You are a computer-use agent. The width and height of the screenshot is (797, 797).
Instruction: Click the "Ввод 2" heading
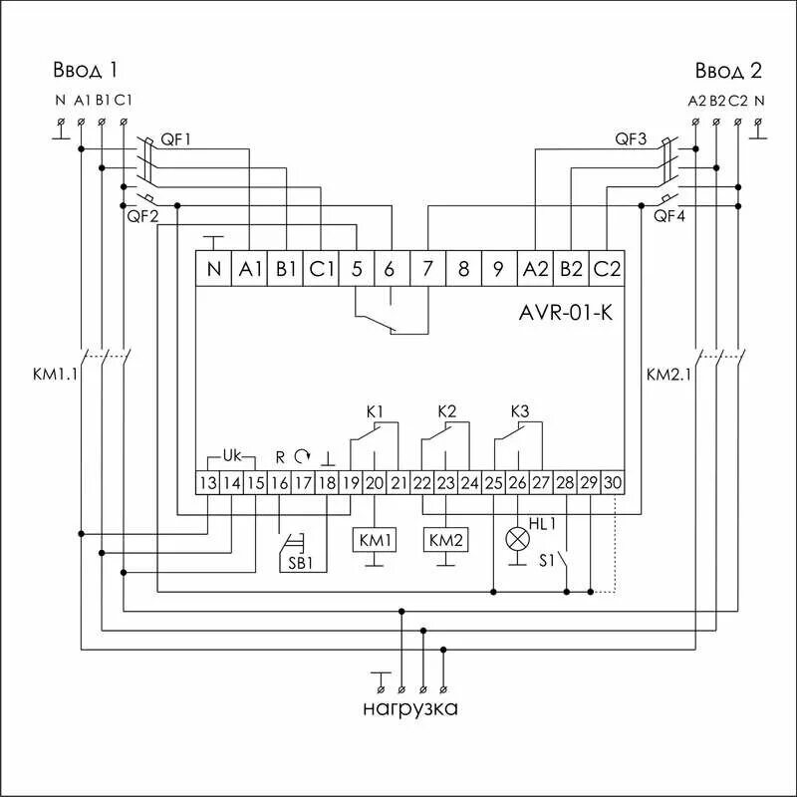click(x=728, y=70)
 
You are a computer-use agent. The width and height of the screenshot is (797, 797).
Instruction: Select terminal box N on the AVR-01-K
click(x=213, y=269)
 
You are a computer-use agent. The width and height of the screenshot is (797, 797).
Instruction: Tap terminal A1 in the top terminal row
click(x=249, y=269)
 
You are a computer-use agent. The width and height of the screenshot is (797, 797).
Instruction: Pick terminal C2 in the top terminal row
click(x=606, y=269)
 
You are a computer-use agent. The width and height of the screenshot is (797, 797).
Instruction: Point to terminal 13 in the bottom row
click(x=207, y=483)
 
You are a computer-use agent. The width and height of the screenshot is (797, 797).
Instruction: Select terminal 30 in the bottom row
click(x=613, y=483)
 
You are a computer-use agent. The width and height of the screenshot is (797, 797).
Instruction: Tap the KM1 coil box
click(x=374, y=540)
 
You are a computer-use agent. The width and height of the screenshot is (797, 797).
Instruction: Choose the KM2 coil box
click(x=446, y=540)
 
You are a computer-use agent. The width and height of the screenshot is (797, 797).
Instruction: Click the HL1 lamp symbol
click(x=517, y=539)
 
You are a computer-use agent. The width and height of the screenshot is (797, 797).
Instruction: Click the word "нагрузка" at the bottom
click(x=410, y=709)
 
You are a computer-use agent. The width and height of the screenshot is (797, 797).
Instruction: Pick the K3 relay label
click(x=519, y=411)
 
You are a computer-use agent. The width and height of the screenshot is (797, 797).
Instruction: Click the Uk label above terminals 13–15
click(x=231, y=455)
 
